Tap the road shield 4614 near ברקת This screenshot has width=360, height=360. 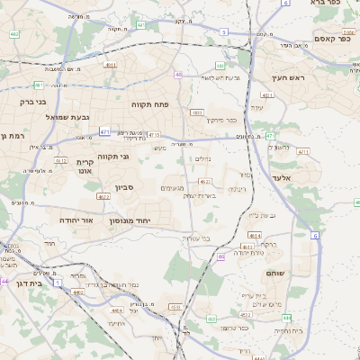pyautogui.click(x=256, y=235)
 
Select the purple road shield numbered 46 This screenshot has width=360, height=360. pyautogui.click(x=221, y=257)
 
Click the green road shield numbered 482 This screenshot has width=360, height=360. pyautogui.click(x=39, y=85)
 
